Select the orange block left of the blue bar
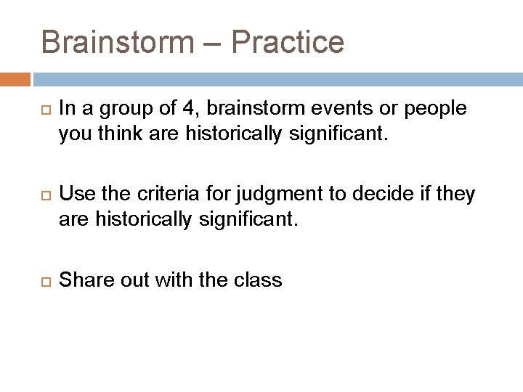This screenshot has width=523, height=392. click(15, 78)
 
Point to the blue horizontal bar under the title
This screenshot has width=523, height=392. click(276, 78)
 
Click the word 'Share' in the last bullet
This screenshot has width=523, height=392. click(81, 279)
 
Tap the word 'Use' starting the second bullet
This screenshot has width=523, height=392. click(73, 194)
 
